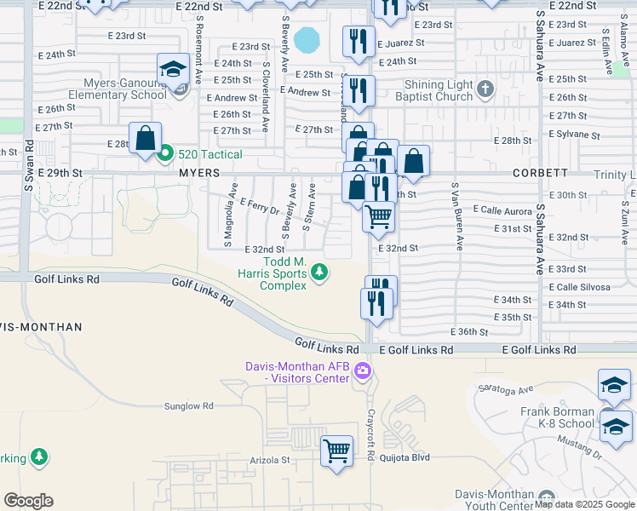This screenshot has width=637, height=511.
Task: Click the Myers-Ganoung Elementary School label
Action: click(x=124, y=89)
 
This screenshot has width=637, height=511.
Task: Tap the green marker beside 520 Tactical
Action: click(x=165, y=154)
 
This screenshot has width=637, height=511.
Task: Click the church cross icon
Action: click(x=485, y=89)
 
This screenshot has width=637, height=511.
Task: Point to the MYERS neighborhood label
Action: click(x=198, y=173)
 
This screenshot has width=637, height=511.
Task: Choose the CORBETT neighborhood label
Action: click(x=541, y=173)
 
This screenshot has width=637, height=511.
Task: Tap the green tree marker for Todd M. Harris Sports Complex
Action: click(x=319, y=273)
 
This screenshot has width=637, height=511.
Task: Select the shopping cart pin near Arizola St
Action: click(x=336, y=450)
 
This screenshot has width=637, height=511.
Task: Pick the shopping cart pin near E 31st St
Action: click(x=378, y=216)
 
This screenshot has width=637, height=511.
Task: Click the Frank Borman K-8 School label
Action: click(x=558, y=417)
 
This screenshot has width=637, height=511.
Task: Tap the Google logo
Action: click(x=28, y=501)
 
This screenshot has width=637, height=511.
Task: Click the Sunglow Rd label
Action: click(x=188, y=407)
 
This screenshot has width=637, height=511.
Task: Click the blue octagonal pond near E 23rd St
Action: click(x=307, y=39)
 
